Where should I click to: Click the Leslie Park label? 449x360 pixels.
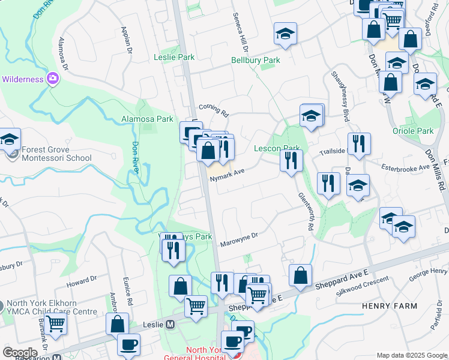[x=175, y=58]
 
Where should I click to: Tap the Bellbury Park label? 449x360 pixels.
[x=256, y=61]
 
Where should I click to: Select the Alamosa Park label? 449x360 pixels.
[x=147, y=119]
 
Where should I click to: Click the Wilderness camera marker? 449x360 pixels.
[x=53, y=79]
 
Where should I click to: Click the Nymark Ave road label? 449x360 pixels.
[x=226, y=172]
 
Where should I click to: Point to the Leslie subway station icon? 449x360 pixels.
[x=170, y=325]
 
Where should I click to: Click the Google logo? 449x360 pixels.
[x=20, y=353]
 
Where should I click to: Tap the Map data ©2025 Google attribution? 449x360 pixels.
[x=411, y=355]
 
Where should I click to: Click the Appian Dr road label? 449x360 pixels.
[x=127, y=40]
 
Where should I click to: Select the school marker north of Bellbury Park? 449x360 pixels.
[x=285, y=34]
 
